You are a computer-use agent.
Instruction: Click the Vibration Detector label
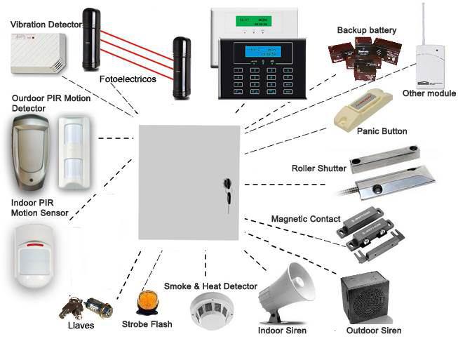tap(46, 25)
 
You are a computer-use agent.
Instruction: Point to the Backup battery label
tap(366, 30)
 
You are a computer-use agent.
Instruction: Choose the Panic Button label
tap(382, 131)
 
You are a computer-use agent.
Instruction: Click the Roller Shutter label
tap(318, 168)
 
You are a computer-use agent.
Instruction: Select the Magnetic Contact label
tap(305, 219)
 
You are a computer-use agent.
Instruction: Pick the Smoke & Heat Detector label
tap(210, 286)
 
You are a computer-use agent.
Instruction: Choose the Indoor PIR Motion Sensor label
tap(40, 207)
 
